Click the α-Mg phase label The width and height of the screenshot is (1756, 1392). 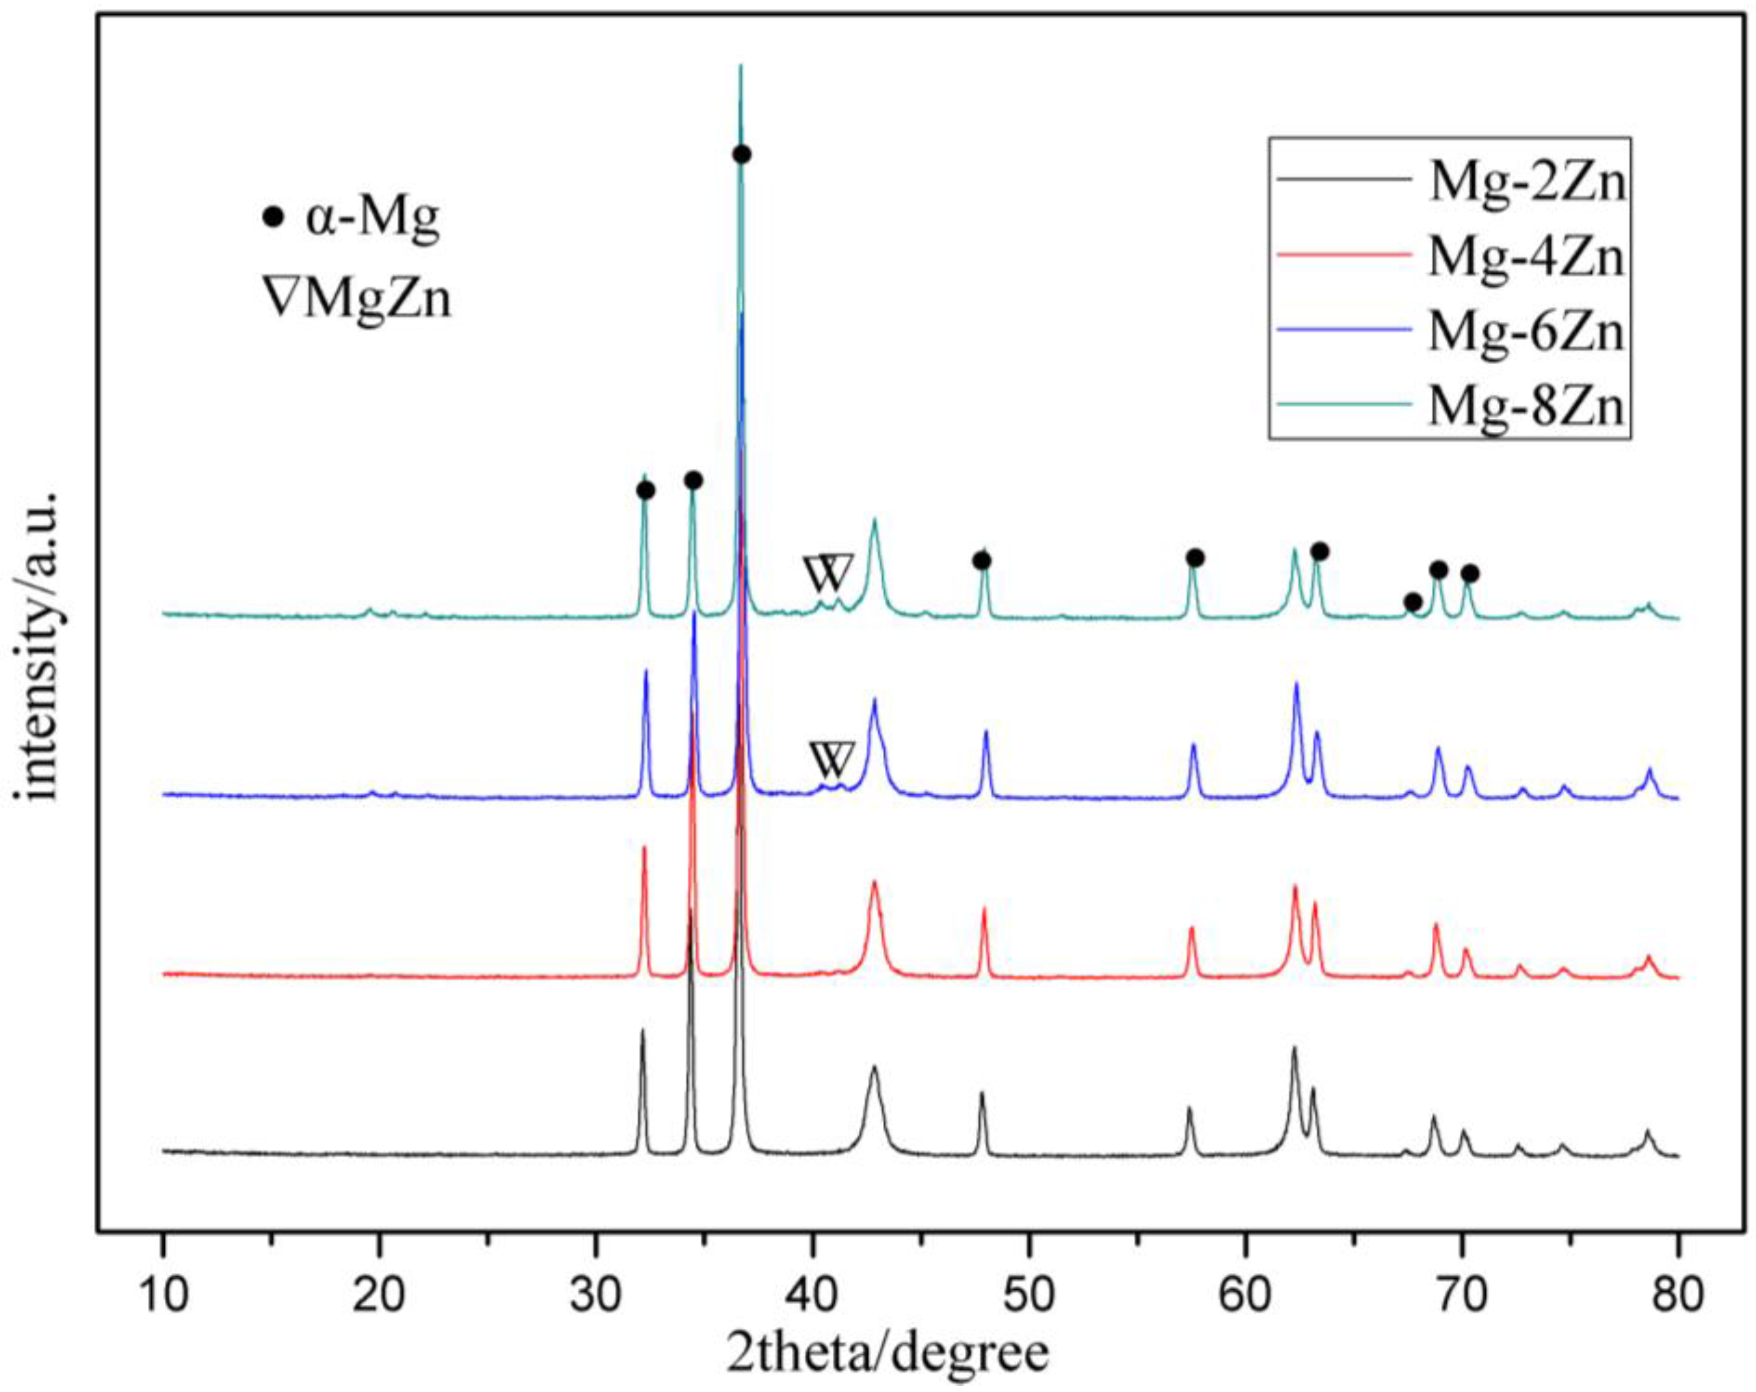(372, 218)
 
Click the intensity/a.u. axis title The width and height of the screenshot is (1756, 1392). (39, 647)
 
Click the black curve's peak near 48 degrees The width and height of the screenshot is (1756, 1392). (981, 1095)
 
